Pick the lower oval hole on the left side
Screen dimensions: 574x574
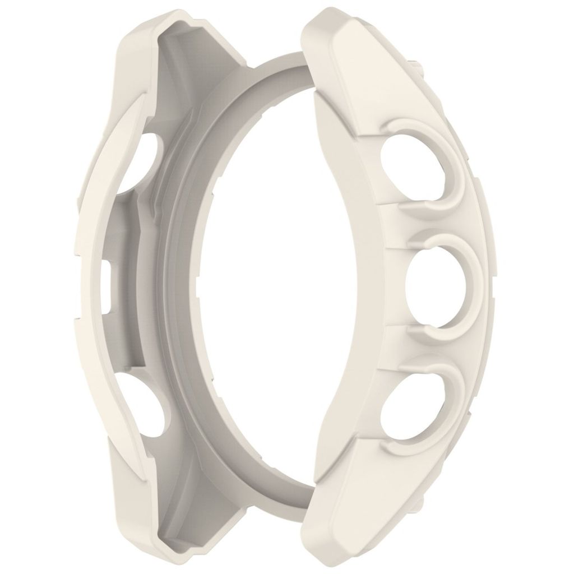[150, 405]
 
